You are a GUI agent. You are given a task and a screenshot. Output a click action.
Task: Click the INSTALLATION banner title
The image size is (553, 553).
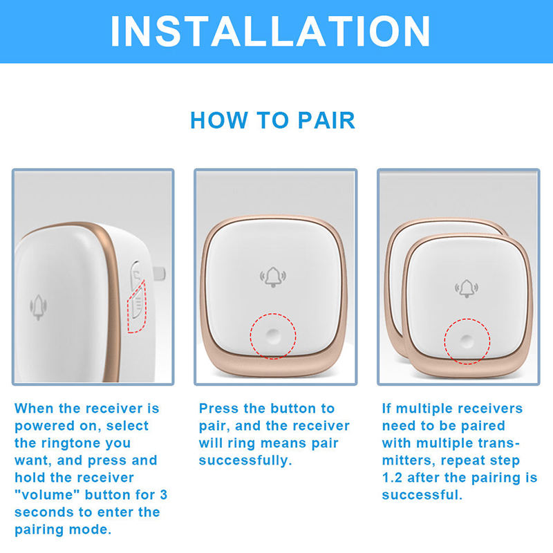(270, 31)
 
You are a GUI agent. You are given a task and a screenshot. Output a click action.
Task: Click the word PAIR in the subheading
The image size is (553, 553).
(326, 120)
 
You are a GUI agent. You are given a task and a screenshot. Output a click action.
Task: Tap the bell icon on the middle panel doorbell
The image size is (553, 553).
(273, 277)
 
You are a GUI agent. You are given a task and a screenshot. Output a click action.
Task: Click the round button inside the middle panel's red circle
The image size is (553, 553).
(272, 336)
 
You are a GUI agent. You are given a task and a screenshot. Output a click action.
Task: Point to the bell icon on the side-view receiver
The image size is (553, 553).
(38, 307)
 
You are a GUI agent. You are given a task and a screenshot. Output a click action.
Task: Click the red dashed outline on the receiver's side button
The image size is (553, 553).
(137, 307)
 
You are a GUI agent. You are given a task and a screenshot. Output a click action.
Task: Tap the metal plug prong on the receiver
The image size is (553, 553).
(159, 274)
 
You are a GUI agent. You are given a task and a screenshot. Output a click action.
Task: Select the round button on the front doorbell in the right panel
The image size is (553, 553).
(467, 341)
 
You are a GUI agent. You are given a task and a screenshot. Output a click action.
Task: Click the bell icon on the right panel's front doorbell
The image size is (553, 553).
(467, 288)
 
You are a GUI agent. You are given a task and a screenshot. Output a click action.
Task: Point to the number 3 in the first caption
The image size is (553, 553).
(163, 494)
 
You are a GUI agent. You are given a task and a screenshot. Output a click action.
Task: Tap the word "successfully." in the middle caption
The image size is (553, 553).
(245, 460)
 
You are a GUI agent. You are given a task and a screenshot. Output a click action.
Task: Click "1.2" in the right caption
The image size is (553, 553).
(392, 478)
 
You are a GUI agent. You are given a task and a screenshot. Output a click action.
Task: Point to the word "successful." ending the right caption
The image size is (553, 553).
(422, 495)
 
